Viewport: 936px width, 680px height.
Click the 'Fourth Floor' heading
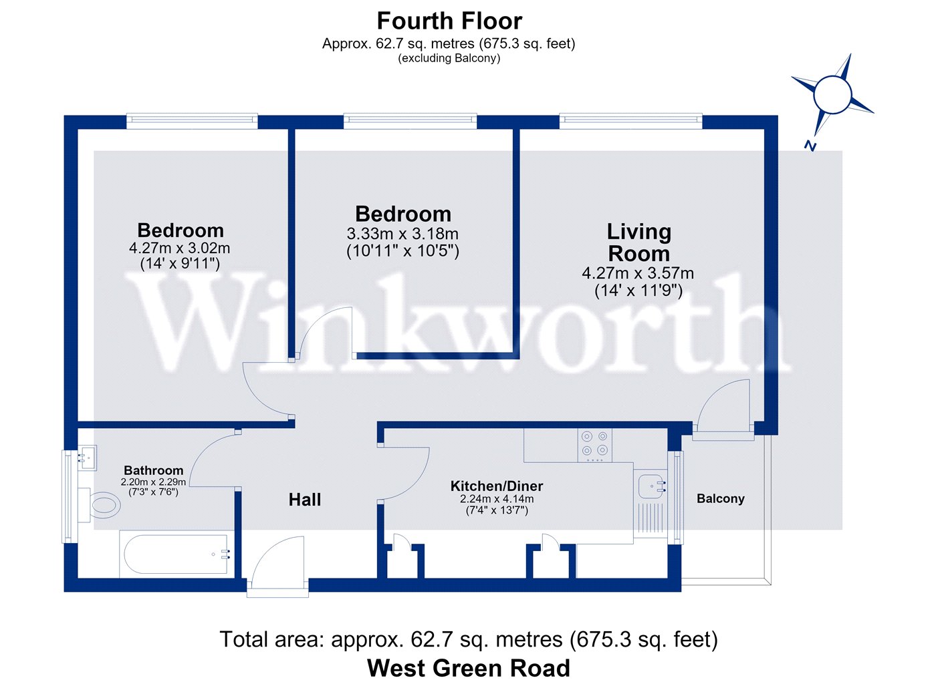point(449,21)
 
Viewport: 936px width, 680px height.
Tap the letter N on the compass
point(810,146)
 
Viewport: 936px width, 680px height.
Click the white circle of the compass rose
point(832,94)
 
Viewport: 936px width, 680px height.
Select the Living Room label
point(639,242)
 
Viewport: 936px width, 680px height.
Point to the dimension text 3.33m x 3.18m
point(402,234)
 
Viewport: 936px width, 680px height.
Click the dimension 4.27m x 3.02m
point(179,248)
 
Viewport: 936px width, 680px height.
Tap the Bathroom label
point(153,470)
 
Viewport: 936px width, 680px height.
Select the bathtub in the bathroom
point(176,554)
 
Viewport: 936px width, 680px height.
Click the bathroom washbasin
point(87,458)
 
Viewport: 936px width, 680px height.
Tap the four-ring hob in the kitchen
point(595,445)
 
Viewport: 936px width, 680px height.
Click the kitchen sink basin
point(652,487)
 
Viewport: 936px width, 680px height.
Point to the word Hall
point(305,500)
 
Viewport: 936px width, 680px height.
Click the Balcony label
point(721,499)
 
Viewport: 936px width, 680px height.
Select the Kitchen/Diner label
point(496,486)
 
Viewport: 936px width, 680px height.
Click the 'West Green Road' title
point(469,668)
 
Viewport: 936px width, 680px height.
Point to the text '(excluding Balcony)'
point(449,58)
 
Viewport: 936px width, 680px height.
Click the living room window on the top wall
point(630,120)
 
